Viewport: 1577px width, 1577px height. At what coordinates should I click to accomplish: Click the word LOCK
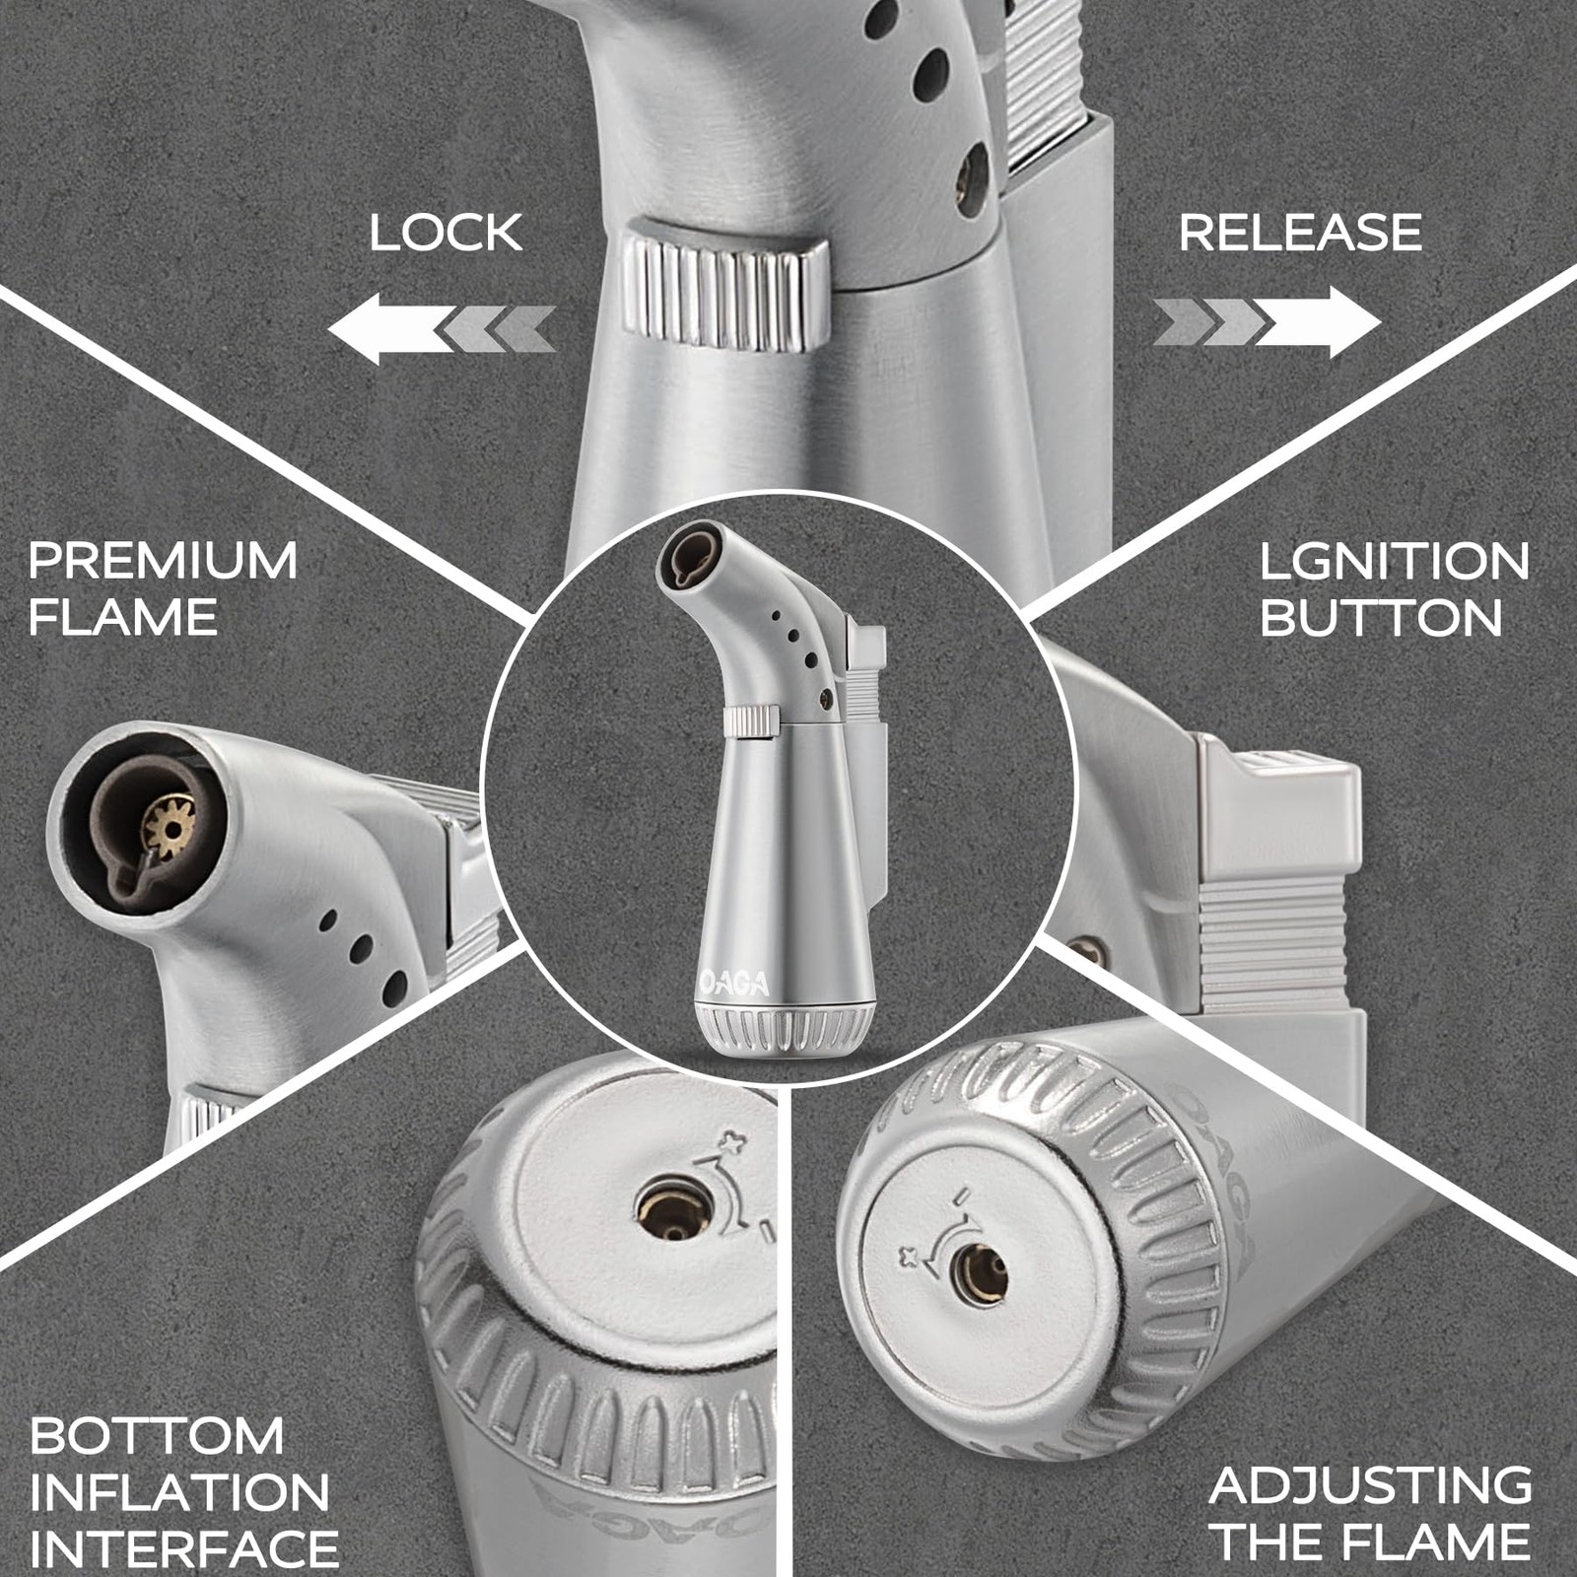pos(446,233)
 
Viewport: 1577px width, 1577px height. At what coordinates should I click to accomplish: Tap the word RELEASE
pos(1300,233)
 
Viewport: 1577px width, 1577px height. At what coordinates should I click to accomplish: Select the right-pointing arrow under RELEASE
pos(1268,321)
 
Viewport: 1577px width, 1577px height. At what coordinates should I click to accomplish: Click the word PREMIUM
pos(163,560)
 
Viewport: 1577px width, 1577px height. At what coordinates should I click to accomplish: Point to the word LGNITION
pos(1395,561)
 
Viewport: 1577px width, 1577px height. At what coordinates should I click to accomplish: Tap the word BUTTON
pos(1381,618)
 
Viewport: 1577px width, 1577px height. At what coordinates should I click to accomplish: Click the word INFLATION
pos(179,1492)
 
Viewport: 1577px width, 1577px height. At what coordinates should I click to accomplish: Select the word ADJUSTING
pos(1371,1485)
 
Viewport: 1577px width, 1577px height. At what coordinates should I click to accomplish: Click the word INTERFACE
pos(184,1548)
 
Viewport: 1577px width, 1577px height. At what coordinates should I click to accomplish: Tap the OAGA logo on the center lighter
pos(733,982)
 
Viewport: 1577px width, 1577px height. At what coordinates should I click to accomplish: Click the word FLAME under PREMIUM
pos(123,618)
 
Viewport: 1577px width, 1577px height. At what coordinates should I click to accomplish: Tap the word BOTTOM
pos(157,1435)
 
